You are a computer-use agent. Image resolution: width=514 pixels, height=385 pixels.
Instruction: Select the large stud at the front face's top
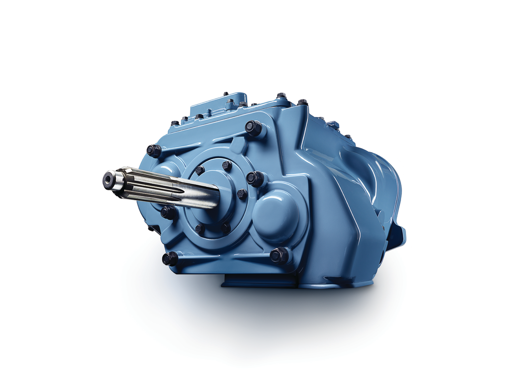pos(253,128)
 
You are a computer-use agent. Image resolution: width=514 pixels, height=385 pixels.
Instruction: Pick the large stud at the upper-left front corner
pos(154,150)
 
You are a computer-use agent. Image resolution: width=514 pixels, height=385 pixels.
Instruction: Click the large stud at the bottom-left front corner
pos(170,259)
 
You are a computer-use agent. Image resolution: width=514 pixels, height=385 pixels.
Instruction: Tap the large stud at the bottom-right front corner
pos(280,255)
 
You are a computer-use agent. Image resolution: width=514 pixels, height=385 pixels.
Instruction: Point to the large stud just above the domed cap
pos(255,178)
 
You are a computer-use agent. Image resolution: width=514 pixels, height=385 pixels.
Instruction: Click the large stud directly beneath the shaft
pos(168,212)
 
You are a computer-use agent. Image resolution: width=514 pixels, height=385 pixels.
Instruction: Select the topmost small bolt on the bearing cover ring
pos(226,165)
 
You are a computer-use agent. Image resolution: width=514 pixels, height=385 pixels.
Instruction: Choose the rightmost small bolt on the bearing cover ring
pos(242,194)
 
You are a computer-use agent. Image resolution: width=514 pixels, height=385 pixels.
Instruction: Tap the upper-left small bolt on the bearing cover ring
pos(200,170)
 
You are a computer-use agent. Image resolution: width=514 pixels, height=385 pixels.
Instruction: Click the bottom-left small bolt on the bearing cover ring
pos(199,229)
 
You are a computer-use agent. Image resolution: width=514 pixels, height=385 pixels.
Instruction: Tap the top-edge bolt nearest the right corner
pos(302,103)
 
